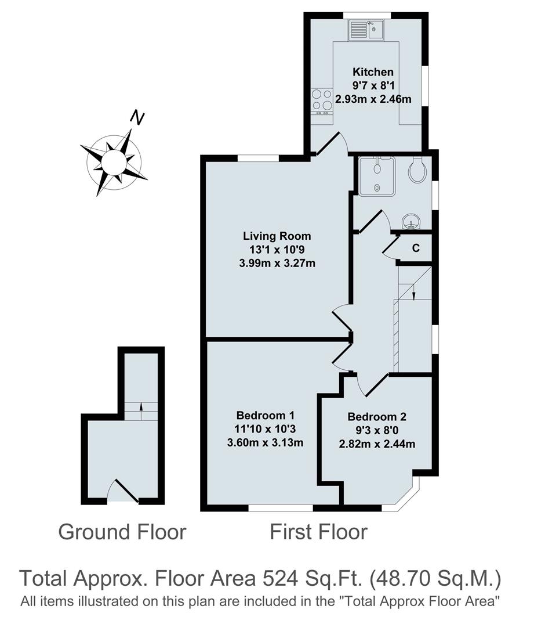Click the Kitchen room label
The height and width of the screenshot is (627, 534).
pyautogui.click(x=373, y=72)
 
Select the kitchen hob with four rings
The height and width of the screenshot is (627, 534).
pyautogui.click(x=321, y=100)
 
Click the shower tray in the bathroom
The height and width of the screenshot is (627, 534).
pyautogui.click(x=376, y=176)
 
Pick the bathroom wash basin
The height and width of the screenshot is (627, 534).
pyautogui.click(x=412, y=221)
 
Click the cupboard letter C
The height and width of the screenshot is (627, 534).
pyautogui.click(x=416, y=248)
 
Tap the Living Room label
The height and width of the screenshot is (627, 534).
pyautogui.click(x=277, y=236)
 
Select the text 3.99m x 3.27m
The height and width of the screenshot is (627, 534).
pyautogui.click(x=277, y=263)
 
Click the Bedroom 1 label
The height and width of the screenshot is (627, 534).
pyautogui.click(x=266, y=416)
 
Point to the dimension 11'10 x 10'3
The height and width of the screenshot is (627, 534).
pyautogui.click(x=266, y=430)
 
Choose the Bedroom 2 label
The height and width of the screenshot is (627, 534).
pyautogui.click(x=377, y=417)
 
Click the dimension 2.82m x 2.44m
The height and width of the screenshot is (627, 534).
pyautogui.click(x=377, y=444)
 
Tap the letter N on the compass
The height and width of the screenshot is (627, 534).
pyautogui.click(x=137, y=118)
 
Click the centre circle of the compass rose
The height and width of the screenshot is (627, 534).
pyautogui.click(x=114, y=160)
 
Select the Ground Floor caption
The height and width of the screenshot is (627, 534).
pyautogui.click(x=122, y=531)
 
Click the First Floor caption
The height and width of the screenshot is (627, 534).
pyautogui.click(x=318, y=531)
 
